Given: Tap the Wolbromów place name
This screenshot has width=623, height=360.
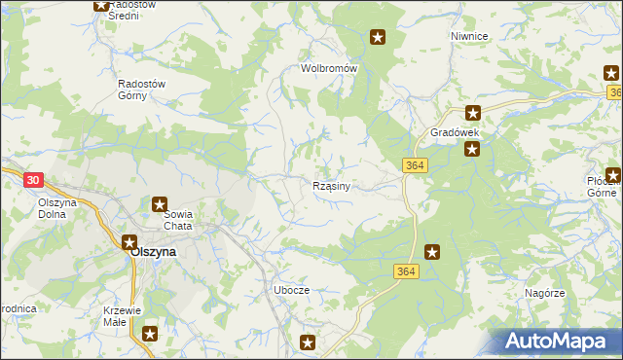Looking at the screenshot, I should click(x=329, y=69).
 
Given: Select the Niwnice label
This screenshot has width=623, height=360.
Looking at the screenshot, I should click(x=468, y=36).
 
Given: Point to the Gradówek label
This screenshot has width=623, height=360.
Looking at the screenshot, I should click(x=457, y=131).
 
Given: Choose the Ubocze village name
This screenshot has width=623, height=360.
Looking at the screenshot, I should click(x=291, y=291).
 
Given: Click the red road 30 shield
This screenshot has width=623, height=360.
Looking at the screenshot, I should click(x=33, y=180).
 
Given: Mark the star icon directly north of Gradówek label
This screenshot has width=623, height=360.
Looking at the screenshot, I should click(x=472, y=113).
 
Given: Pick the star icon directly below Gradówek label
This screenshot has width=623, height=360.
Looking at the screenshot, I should click(x=472, y=149).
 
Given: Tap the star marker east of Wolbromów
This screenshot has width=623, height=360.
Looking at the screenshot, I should click(x=378, y=38).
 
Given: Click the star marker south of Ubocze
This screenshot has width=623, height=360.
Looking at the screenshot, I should click(x=308, y=342).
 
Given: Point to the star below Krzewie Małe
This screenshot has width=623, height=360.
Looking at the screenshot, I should click(x=149, y=335).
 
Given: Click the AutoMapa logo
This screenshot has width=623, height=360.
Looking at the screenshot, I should click(x=561, y=341).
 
